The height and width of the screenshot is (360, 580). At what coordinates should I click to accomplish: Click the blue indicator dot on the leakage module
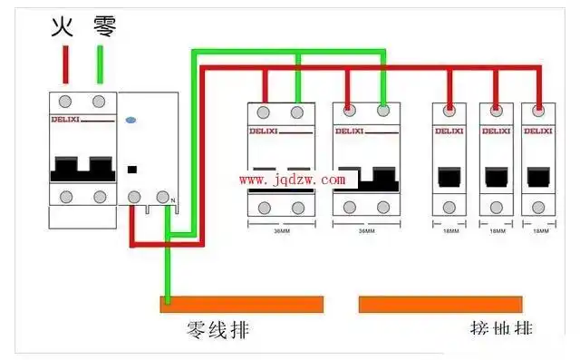pyautogui.click(x=130, y=118)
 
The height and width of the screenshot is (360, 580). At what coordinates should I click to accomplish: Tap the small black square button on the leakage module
pyautogui.click(x=132, y=168)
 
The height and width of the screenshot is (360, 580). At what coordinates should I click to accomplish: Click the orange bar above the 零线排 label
pyautogui.click(x=242, y=304)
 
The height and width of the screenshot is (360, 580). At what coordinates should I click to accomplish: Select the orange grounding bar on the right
pyautogui.click(x=440, y=304)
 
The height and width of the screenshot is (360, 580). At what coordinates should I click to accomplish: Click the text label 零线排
pyautogui.click(x=217, y=329)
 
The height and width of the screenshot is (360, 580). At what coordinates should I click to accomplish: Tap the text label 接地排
pyautogui.click(x=501, y=329)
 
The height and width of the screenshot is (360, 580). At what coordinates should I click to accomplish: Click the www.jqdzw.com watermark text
pyautogui.click(x=292, y=180)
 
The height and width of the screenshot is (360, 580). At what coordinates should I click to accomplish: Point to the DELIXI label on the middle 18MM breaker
pyautogui.click(x=496, y=131)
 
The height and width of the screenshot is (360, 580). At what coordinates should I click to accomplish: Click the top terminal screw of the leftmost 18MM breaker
pyautogui.click(x=449, y=112)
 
